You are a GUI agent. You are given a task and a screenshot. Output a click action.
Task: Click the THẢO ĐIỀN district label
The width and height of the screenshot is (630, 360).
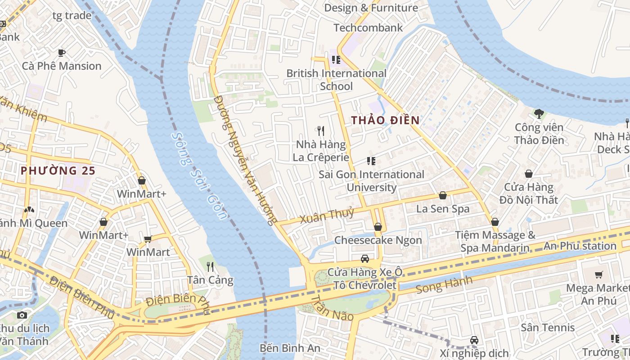(x=385, y=120)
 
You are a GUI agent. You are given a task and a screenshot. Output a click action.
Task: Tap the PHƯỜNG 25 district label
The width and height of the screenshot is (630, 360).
(x=58, y=171)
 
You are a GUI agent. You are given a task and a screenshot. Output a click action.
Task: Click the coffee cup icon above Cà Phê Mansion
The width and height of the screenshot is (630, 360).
(x=62, y=53)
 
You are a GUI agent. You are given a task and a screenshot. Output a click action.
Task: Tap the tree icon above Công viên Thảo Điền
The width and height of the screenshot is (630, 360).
(x=539, y=113)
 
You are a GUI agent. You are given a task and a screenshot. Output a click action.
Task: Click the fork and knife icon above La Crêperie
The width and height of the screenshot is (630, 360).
(x=321, y=131)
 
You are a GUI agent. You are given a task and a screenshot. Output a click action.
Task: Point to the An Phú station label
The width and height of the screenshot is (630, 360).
(x=580, y=246)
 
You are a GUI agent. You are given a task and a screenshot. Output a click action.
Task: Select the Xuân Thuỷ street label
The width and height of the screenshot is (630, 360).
(x=327, y=215)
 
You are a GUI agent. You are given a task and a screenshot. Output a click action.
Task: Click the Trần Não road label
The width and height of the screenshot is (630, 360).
(x=332, y=309)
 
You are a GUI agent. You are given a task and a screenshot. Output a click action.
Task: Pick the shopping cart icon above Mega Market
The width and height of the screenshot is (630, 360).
(x=598, y=274)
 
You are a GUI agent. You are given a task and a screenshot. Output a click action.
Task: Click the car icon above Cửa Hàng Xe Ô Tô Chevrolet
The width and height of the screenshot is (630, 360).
(x=365, y=259)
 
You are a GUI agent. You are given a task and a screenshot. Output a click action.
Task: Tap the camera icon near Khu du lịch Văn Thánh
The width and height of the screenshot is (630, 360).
(x=22, y=315)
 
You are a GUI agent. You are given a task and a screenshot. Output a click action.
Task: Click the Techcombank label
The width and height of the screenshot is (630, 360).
(x=368, y=28)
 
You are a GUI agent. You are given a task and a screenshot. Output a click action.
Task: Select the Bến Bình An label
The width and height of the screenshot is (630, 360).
(x=290, y=348)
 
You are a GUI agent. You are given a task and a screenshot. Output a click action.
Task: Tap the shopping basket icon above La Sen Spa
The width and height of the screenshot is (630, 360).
(x=443, y=195)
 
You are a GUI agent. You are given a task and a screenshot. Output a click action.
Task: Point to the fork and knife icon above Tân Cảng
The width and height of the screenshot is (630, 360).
(x=210, y=266)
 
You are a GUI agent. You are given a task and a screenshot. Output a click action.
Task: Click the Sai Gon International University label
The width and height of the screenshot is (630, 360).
(x=371, y=180)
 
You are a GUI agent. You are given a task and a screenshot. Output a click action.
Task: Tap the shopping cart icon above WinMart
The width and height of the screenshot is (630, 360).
(x=148, y=238)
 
